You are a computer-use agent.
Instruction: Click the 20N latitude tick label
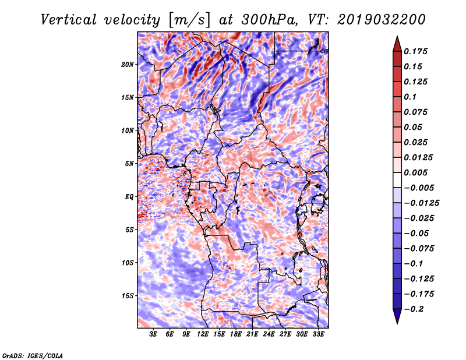click(x=128, y=64)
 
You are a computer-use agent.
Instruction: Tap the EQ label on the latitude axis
click(x=129, y=196)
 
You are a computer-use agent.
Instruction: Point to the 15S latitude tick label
click(x=128, y=296)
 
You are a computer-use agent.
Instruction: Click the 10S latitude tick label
click(x=128, y=263)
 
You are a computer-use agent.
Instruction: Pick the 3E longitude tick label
click(x=154, y=334)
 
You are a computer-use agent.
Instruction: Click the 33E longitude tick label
click(x=318, y=334)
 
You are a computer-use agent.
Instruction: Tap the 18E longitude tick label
click(x=236, y=334)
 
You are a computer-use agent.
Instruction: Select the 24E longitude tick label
click(x=269, y=334)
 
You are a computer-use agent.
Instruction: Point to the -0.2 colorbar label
click(x=415, y=309)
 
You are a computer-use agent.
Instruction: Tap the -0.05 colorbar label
click(x=417, y=233)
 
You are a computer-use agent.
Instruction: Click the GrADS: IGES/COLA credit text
click(x=33, y=355)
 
